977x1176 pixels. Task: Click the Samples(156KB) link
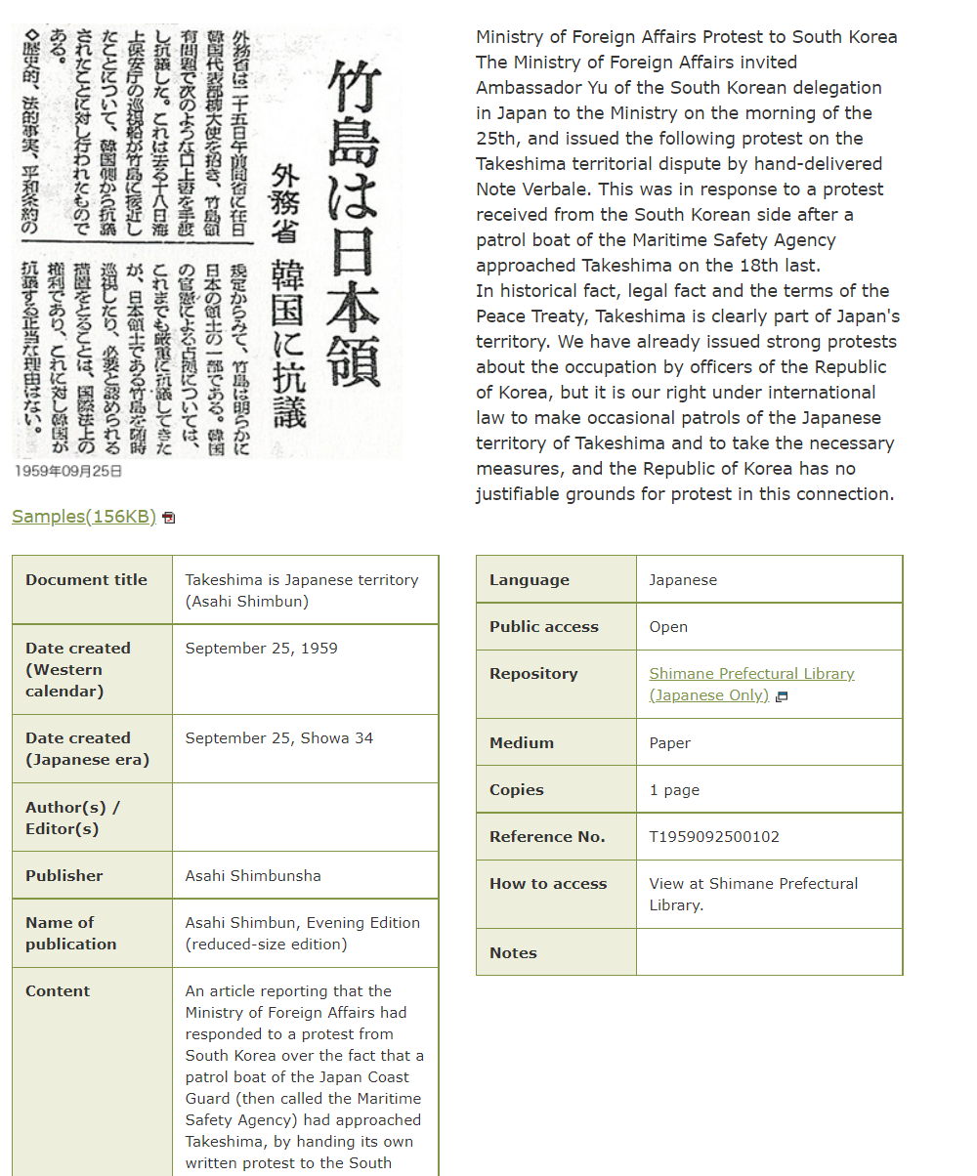84,517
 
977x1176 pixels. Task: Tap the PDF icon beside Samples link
169,518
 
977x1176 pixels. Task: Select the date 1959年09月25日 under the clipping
68,471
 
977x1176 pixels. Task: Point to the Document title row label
86,580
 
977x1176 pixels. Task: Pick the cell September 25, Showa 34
278,738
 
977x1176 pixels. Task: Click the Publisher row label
64,875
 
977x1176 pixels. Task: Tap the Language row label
529,580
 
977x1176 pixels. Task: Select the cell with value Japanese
683,580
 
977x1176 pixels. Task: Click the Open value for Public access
668,627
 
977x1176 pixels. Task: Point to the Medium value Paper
669,743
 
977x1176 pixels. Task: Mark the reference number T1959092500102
714,837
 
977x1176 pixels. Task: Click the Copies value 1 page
674,790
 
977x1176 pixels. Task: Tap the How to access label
548,884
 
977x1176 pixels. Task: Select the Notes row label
513,953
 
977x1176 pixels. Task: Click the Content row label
58,991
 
